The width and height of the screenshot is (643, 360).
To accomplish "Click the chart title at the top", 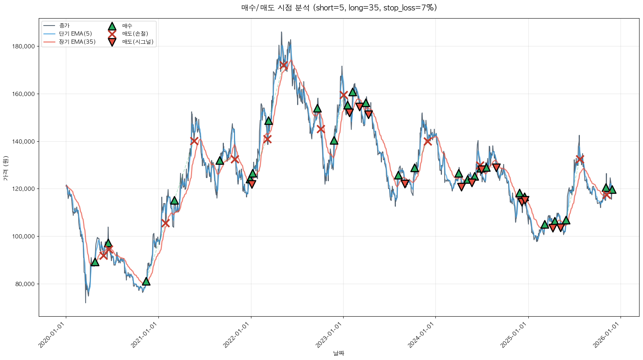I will [x=339, y=8].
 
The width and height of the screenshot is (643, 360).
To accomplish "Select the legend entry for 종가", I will [x=64, y=26].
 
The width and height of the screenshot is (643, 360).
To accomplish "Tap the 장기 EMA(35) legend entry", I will [x=77, y=42].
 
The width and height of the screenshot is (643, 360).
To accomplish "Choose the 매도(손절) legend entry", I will [x=135, y=34].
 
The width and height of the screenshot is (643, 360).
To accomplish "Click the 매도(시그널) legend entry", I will [x=138, y=42].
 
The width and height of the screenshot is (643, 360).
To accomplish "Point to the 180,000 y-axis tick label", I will [x=24, y=46].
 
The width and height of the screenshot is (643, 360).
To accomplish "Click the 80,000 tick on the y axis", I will [x=25, y=284].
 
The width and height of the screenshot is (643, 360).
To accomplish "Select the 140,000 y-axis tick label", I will [x=24, y=142].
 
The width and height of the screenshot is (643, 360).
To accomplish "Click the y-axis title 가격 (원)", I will [x=5, y=168].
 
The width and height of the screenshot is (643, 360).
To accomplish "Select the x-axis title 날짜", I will [x=339, y=353].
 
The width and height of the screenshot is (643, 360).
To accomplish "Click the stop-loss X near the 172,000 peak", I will [x=284, y=65].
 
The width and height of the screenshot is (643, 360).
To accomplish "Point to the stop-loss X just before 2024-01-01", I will [x=428, y=141].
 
